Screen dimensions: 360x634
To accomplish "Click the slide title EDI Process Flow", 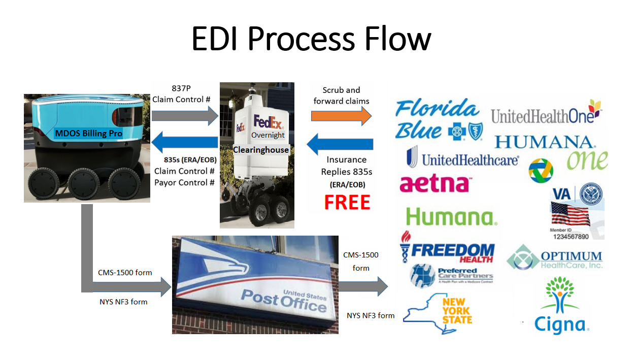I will pyautogui.click(x=311, y=39).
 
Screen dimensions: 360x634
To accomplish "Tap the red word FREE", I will pyautogui.click(x=347, y=202).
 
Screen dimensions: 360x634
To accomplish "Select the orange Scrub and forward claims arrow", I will pyautogui.click(x=341, y=116).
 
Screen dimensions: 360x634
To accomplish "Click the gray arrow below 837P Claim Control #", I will pyautogui.click(x=184, y=116).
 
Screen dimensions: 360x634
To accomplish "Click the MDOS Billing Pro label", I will pyautogui.click(x=89, y=134).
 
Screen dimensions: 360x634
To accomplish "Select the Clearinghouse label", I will pyautogui.click(x=261, y=150).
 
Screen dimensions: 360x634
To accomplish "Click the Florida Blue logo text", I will pyautogui.click(x=437, y=119).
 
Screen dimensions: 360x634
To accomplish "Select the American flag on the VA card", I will pyautogui.click(x=570, y=213).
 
